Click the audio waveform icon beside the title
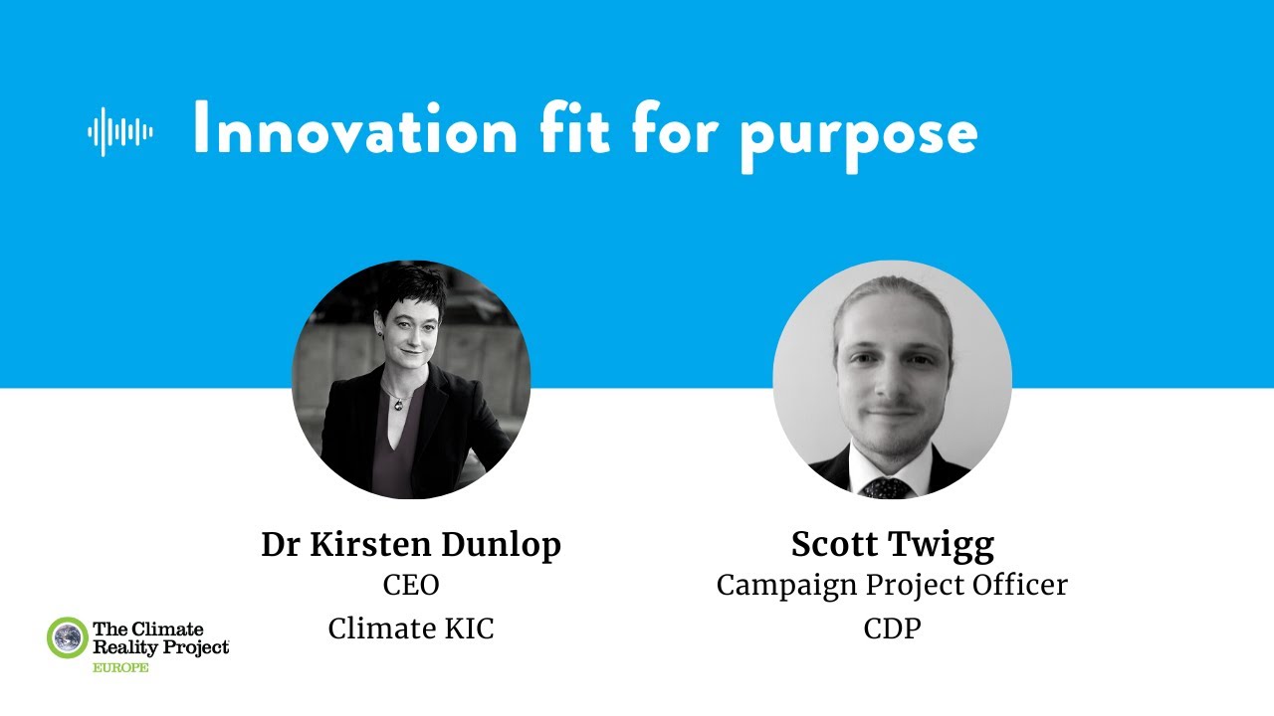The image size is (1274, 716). click(x=120, y=131)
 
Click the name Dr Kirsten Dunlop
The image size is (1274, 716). click(x=411, y=545)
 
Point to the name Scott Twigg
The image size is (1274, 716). click(x=893, y=545)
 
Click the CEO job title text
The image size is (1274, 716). click(x=411, y=586)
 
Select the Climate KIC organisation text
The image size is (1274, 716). click(x=411, y=628)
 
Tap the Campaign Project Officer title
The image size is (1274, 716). click(x=892, y=586)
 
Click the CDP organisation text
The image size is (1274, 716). click(x=892, y=628)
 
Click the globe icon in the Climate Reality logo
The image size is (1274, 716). click(x=68, y=637)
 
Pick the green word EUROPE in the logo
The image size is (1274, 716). click(x=120, y=667)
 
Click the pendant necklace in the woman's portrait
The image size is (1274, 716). click(x=400, y=402)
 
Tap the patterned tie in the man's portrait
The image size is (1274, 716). click(x=887, y=487)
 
